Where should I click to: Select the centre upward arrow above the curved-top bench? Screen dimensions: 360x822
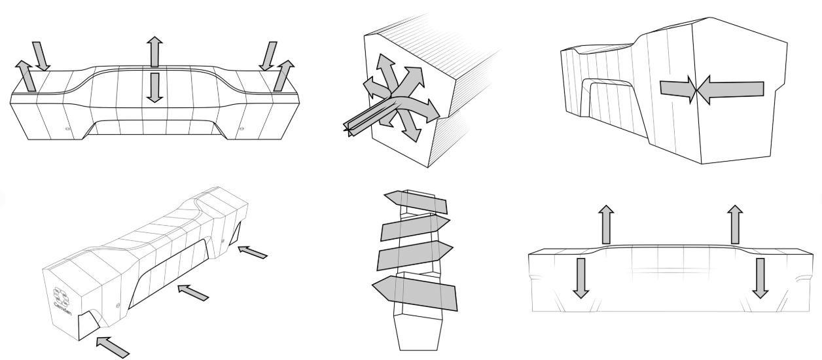(154, 52)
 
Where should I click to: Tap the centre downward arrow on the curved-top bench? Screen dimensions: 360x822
(154, 87)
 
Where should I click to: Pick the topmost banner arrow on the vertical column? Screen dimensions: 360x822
(416, 202)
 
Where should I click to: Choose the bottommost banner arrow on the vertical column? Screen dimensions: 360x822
(414, 293)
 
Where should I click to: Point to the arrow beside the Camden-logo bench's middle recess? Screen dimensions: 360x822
(194, 292)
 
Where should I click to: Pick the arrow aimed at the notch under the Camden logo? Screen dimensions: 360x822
(112, 346)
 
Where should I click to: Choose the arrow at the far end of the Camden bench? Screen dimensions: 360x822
(252, 251)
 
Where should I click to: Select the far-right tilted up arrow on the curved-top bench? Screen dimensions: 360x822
(283, 75)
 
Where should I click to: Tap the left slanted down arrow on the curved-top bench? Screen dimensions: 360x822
(41, 56)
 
